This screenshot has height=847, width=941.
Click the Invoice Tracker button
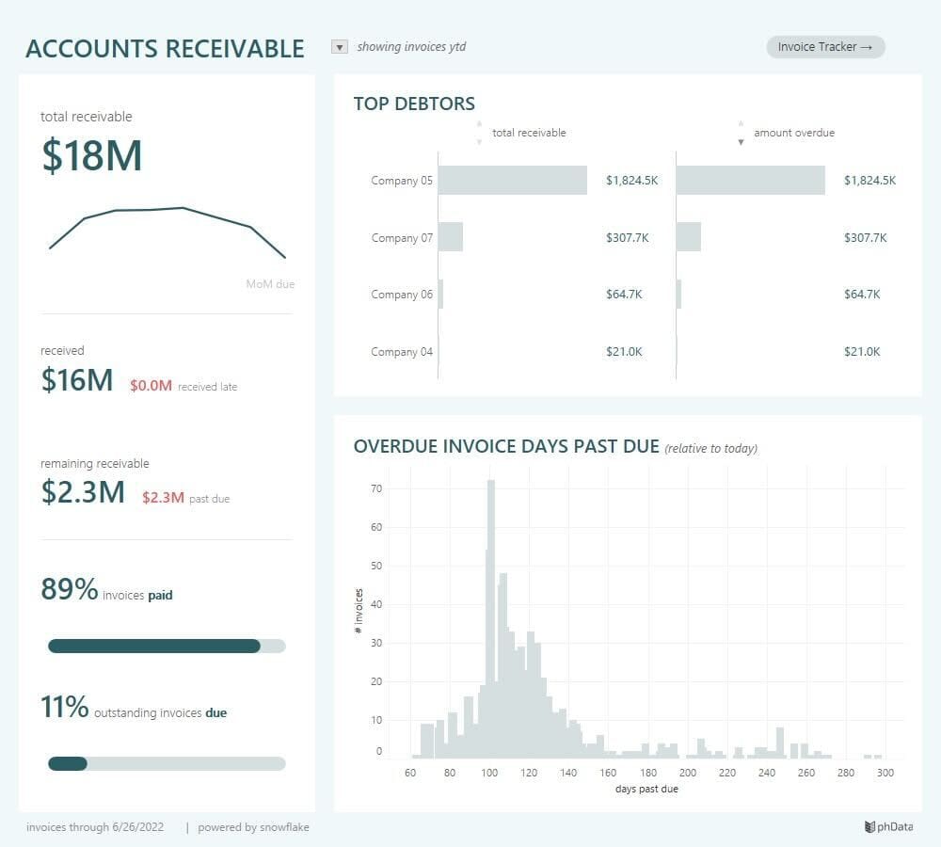point(825,47)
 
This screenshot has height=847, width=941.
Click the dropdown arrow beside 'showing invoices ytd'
point(340,47)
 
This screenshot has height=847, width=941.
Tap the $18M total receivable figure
point(91,156)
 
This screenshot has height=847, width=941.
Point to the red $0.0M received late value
point(151,386)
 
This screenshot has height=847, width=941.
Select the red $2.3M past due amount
point(163,498)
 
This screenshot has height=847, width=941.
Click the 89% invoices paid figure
point(70,590)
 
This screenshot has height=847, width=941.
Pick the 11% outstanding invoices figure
point(64,708)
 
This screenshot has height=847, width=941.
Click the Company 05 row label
point(402,181)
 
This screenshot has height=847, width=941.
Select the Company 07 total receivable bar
point(451,237)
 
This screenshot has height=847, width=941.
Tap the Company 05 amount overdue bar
point(750,181)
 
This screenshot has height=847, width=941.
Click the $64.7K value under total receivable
point(624,295)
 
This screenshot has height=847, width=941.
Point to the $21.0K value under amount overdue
point(862,352)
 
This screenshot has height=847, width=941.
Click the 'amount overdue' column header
point(793,133)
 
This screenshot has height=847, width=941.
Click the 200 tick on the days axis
point(687,773)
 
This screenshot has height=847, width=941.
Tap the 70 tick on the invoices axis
point(376,488)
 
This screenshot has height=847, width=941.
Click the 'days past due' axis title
point(646,789)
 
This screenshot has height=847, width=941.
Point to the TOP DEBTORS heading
point(414,104)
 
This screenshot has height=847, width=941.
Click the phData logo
point(887,827)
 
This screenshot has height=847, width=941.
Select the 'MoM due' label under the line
point(269,283)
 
